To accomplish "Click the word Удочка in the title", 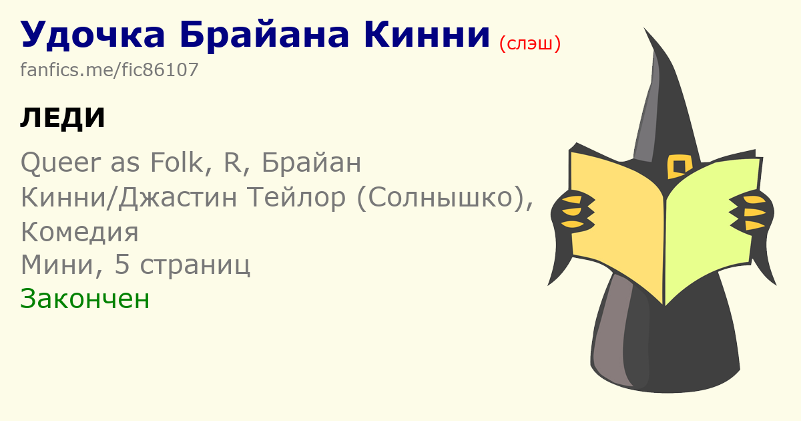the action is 93,34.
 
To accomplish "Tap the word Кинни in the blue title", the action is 427,34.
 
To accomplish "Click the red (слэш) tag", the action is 530,43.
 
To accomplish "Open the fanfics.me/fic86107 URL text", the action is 109,69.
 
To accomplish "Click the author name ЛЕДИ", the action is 63,118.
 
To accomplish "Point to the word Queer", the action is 61,163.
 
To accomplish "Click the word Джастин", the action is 178,198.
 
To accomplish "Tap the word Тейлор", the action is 297,198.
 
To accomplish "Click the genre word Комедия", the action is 79,232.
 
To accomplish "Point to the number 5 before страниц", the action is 122,265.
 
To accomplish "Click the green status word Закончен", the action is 85,299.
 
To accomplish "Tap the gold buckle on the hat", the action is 679,166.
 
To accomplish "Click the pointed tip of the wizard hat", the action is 645,28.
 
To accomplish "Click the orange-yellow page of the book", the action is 617,222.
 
